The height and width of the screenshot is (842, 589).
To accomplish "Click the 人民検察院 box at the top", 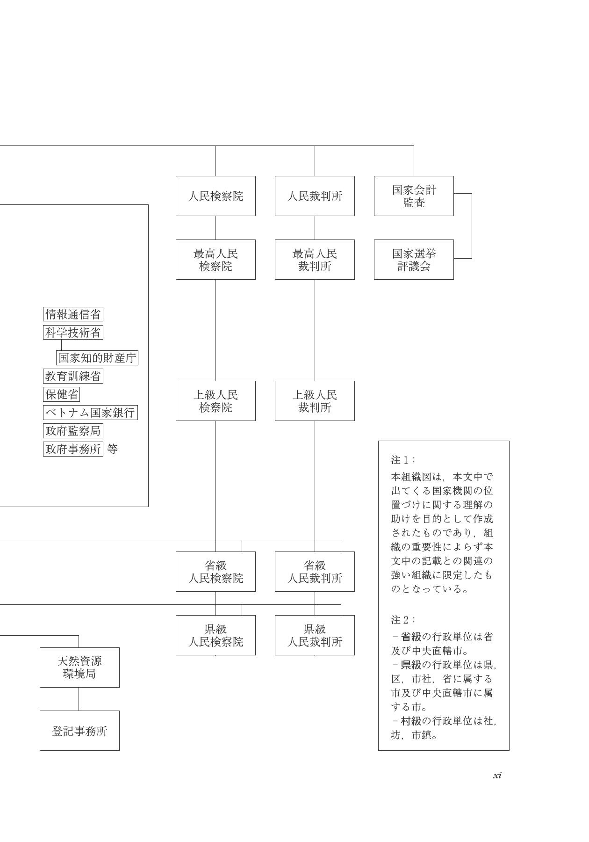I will [x=215, y=196].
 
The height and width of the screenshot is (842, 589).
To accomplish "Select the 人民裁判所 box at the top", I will [x=315, y=196].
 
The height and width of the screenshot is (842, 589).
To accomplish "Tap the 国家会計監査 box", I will [x=414, y=196].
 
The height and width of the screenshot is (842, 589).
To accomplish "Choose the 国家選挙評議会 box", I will [x=414, y=260].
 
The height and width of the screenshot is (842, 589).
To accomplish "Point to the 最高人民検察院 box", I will [x=215, y=260].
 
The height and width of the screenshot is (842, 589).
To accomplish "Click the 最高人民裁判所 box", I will [x=315, y=260].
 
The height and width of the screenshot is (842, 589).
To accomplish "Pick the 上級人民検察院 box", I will [x=215, y=401].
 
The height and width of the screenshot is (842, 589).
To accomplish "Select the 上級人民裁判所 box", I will [x=315, y=401].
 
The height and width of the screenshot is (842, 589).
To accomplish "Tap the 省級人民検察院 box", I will [x=215, y=572].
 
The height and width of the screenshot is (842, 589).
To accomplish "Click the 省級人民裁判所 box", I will [x=315, y=572].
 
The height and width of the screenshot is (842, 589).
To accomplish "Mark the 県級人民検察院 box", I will [x=215, y=635].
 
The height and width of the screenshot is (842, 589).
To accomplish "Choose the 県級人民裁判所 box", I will [x=315, y=635].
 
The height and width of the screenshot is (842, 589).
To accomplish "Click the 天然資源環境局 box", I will [x=79, y=668].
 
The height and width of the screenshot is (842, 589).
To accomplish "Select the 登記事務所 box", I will [x=79, y=731].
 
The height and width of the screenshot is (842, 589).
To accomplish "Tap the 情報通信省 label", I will [x=73, y=314].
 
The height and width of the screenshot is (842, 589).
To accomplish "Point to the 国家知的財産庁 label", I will [x=97, y=358].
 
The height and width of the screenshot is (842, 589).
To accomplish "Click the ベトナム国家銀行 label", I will [x=90, y=413].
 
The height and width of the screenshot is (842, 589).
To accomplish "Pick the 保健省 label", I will [x=61, y=394].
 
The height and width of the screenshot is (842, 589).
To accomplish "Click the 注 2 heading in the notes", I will [x=402, y=620].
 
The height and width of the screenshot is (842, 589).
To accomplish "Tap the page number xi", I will [x=497, y=775].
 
